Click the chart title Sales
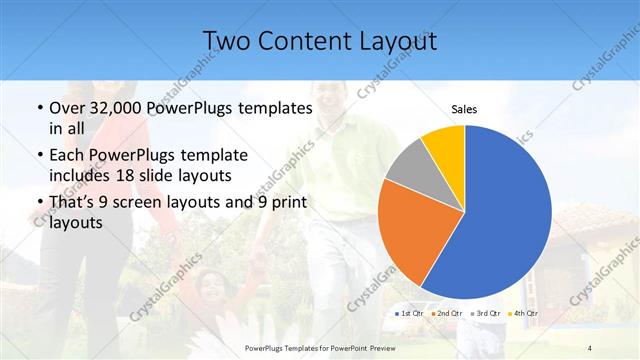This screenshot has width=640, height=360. point(464,108)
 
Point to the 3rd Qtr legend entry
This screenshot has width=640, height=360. point(485,314)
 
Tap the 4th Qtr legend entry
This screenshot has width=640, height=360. point(524,314)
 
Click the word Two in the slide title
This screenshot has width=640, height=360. point(225,41)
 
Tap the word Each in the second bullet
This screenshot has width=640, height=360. point(66,157)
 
